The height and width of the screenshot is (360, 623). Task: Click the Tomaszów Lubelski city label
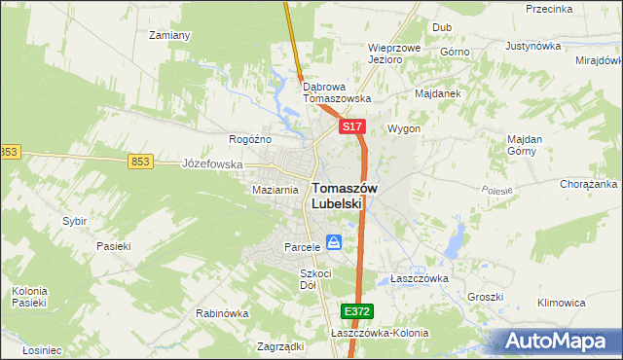pos(338,196)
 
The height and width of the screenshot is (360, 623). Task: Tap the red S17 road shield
pos(351,127)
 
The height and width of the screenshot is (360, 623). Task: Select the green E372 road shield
pos(356,311)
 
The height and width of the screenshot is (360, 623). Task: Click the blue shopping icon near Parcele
pos(334,242)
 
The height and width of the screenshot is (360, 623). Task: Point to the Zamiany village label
pos(168,35)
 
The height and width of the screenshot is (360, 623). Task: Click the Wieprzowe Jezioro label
pos(394,53)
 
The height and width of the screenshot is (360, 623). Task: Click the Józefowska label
pos(212,164)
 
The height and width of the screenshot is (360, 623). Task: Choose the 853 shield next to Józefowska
pos(141,162)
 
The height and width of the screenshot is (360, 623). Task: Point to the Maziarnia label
pos(275,190)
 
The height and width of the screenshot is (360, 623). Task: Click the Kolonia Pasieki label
pos(29,297)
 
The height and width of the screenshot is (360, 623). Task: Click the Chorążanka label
pos(589,183)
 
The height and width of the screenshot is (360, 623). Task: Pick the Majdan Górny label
pos(524,145)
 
